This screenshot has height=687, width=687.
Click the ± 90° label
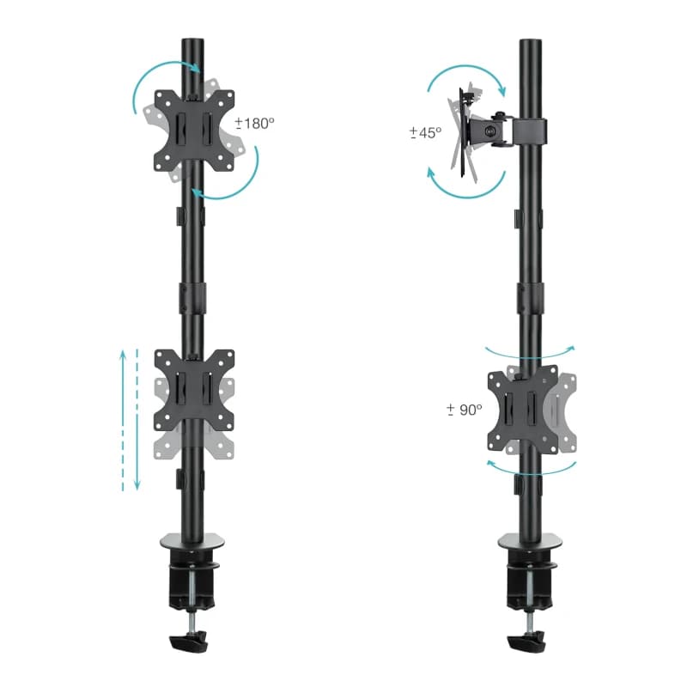(465, 410)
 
